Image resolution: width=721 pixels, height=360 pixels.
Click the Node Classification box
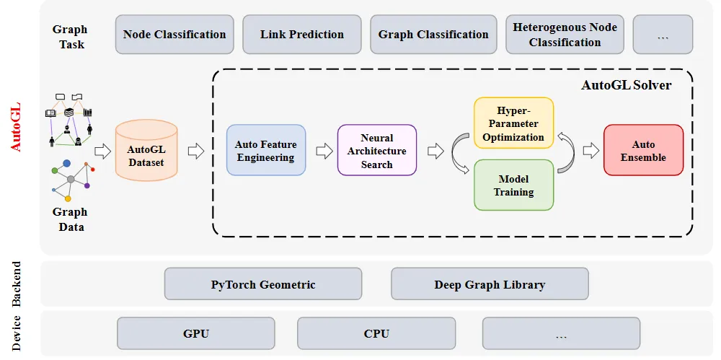[x=174, y=35]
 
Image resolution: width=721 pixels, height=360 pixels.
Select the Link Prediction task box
[x=301, y=35]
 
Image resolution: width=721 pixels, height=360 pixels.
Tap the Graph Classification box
[x=433, y=35]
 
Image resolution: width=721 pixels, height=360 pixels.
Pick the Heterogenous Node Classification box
[x=565, y=35]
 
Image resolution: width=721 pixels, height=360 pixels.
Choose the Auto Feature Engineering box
[x=266, y=150]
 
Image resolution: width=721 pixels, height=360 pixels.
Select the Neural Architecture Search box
[x=377, y=150]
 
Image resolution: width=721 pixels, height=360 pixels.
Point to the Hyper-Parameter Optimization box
[x=513, y=123]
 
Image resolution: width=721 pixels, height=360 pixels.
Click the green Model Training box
[x=513, y=185]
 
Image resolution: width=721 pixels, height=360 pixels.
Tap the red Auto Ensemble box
[x=643, y=150]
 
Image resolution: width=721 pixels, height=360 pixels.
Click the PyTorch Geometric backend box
[x=263, y=284]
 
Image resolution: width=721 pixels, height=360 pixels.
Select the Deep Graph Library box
[x=490, y=284]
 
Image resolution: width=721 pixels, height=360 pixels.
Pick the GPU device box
[x=196, y=333]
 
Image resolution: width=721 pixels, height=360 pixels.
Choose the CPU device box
[x=376, y=333]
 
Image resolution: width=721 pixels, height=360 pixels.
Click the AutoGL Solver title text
[x=627, y=85]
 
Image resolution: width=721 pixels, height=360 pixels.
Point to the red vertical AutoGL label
[x=15, y=128]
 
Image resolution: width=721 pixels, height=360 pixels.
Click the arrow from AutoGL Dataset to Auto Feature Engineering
[x=196, y=151]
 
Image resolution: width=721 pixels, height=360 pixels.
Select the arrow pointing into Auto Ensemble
[x=591, y=151]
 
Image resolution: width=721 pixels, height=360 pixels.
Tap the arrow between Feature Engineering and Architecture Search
[x=324, y=151]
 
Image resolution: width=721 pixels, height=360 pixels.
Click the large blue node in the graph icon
[x=66, y=163]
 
